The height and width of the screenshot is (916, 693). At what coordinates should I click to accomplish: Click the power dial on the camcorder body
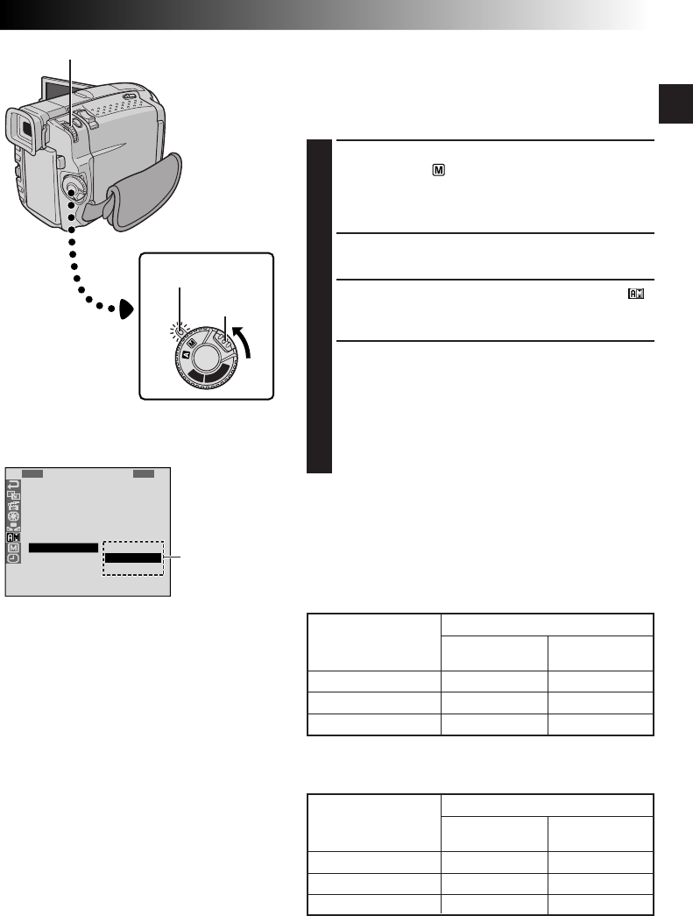click(73, 188)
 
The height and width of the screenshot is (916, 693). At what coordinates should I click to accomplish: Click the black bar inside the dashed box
click(133, 557)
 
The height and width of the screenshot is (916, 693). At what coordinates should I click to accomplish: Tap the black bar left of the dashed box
click(62, 548)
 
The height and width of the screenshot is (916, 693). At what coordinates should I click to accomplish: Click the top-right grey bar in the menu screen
click(144, 473)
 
